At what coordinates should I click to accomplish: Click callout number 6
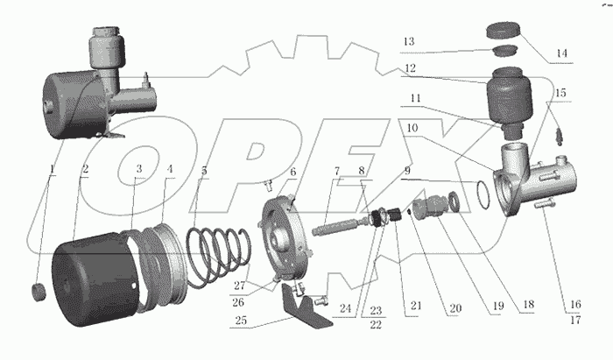(x=292, y=172)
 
